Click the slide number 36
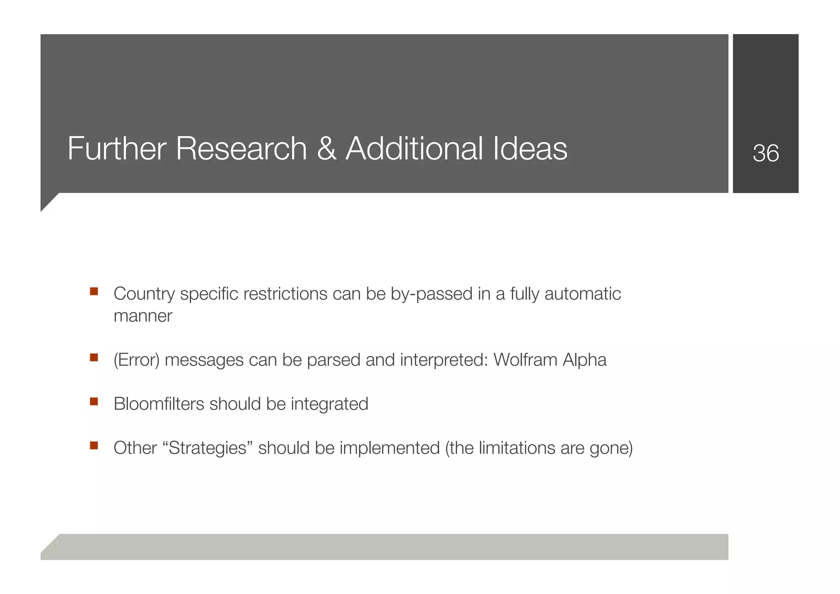tap(765, 153)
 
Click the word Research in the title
tap(241, 148)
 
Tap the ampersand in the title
tap(326, 148)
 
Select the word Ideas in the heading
tap(530, 148)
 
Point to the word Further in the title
tap(117, 148)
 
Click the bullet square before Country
tap(94, 292)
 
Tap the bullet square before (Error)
tap(94, 357)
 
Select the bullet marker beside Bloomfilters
tap(94, 401)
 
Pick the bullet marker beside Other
tap(94, 445)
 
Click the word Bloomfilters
tap(159, 404)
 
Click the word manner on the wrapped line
tap(143, 316)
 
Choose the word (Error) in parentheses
tap(136, 360)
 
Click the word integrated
tap(329, 404)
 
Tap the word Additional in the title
tap(414, 148)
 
